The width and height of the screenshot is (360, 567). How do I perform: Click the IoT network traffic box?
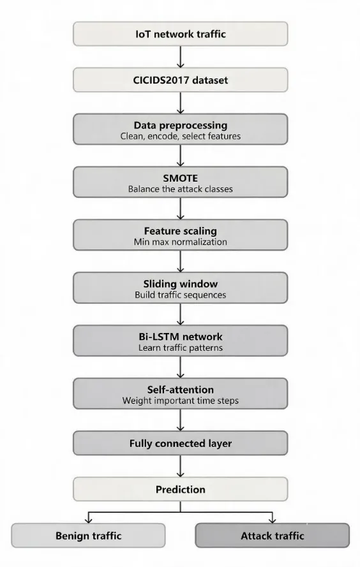point(180,34)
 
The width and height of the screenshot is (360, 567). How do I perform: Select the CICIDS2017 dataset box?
point(180,80)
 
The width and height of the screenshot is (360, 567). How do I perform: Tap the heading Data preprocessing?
point(181,125)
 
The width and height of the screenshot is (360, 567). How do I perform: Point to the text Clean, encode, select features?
point(181,136)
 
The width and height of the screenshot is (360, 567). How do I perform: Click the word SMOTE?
point(181,179)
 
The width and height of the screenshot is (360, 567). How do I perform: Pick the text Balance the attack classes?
point(181,189)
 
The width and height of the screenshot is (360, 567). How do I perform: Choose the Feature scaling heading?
point(181,231)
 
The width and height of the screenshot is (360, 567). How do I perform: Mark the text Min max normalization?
point(181,242)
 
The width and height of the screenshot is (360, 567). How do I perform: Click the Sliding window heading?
point(181,284)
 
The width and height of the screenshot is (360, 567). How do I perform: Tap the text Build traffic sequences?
point(181,295)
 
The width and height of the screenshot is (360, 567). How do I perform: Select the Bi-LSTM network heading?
point(181,337)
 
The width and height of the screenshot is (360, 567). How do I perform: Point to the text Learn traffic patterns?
point(181,348)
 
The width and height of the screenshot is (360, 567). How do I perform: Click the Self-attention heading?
point(181,390)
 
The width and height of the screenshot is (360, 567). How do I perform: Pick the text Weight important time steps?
point(181,401)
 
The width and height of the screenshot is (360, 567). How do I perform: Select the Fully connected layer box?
point(180,443)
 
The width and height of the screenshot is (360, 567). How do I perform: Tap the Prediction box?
point(180,489)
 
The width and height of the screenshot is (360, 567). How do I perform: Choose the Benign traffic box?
point(88,535)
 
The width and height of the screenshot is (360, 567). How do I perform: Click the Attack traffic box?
point(273,535)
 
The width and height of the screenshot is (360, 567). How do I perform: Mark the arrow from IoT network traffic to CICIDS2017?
point(180,57)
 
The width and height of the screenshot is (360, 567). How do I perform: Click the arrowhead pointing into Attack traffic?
point(273,520)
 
